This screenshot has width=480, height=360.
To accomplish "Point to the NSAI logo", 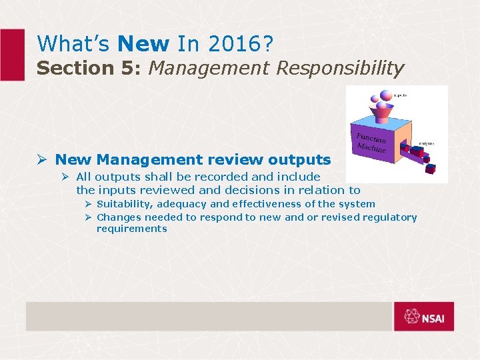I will pos(423,317).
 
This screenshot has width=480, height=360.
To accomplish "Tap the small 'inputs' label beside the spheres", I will pos(399,95).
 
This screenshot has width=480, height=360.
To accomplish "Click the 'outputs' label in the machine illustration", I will pos(426,143).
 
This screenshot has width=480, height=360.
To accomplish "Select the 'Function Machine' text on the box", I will pos(371,143).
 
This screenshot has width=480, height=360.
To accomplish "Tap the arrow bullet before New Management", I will pos(41,160).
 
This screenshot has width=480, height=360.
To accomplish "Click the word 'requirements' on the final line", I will pos(131,229).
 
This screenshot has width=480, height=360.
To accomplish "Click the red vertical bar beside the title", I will pos(12,55).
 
